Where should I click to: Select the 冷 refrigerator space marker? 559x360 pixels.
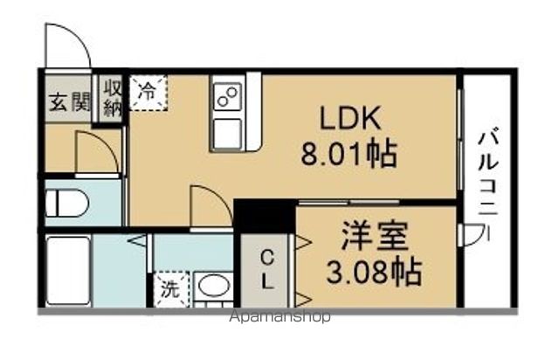[149, 91]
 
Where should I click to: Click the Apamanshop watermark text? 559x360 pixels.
[279, 316]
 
